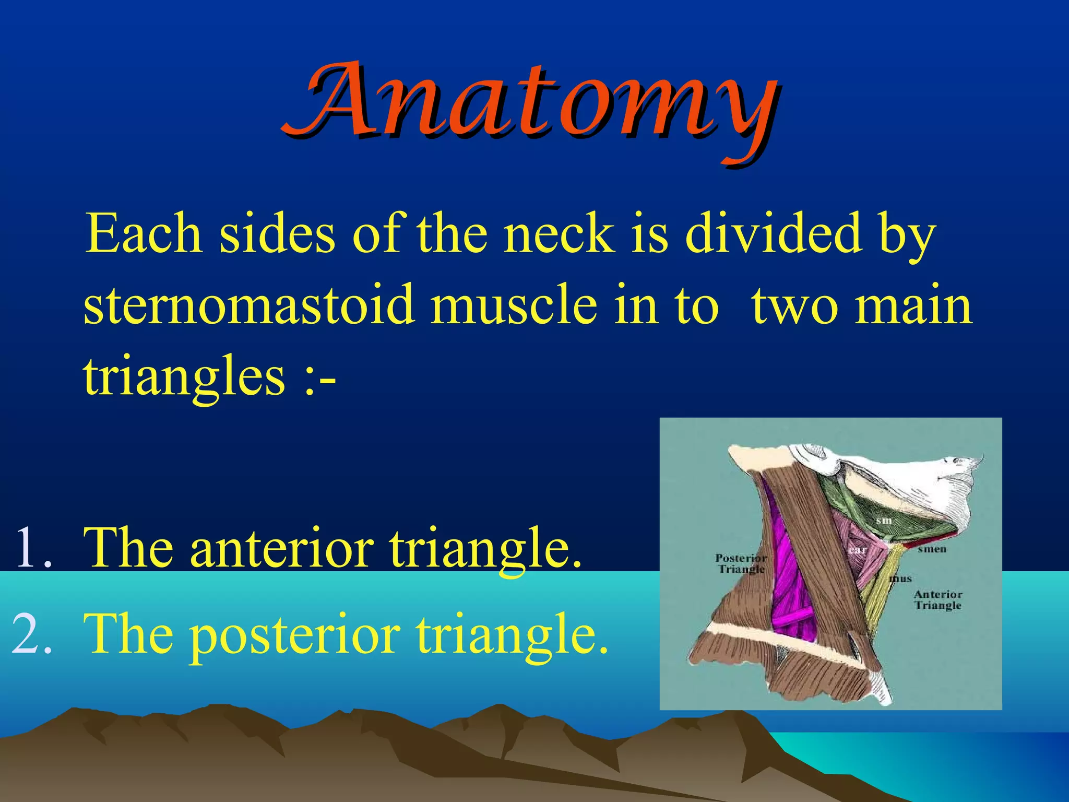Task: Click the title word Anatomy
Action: click(x=530, y=102)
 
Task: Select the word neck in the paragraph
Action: click(x=557, y=234)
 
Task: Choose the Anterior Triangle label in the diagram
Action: click(x=938, y=600)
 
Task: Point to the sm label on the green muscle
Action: click(x=884, y=521)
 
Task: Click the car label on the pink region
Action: click(x=858, y=550)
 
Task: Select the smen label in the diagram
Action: click(x=932, y=549)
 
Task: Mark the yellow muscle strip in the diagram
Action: click(x=882, y=585)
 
